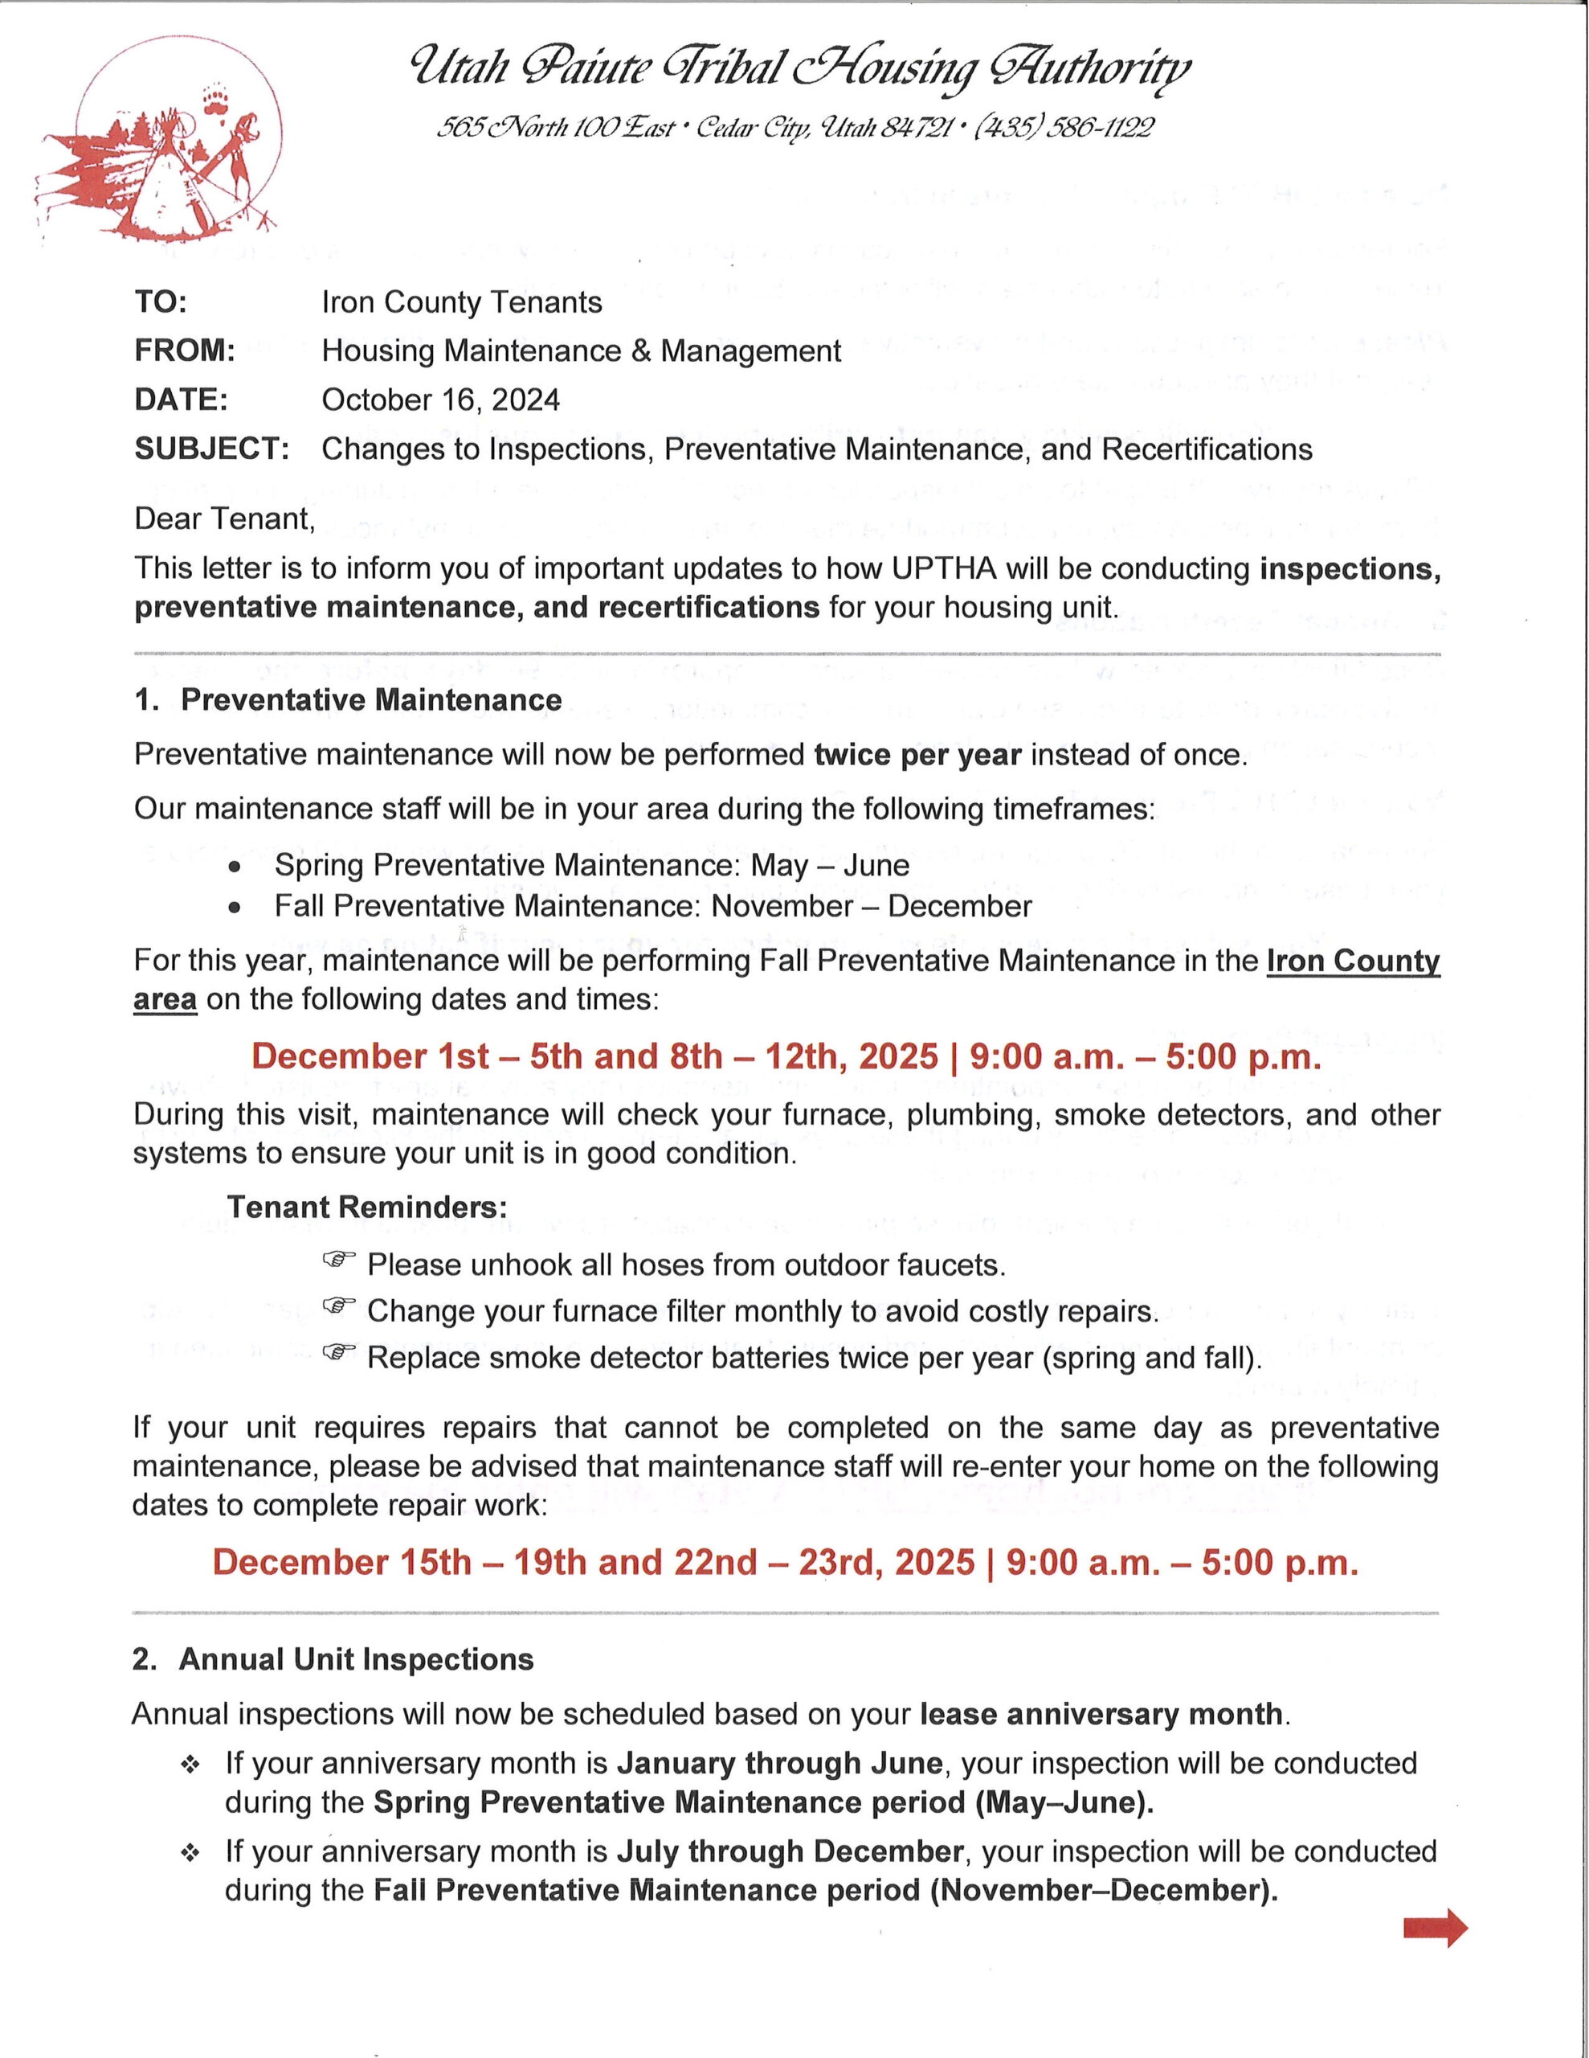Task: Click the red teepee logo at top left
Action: tap(160, 151)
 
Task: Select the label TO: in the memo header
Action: tap(161, 302)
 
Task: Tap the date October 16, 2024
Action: tap(440, 400)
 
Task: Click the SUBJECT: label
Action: tap(211, 449)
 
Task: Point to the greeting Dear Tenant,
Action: tap(224, 519)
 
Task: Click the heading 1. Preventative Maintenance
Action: tap(349, 700)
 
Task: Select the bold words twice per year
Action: tap(917, 755)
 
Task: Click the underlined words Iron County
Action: tap(1353, 961)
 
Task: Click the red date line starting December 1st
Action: tap(786, 1056)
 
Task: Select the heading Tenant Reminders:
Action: tap(366, 1207)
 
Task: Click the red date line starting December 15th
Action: tap(786, 1562)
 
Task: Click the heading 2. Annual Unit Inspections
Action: tap(333, 1659)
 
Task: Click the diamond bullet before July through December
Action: tap(190, 1854)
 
